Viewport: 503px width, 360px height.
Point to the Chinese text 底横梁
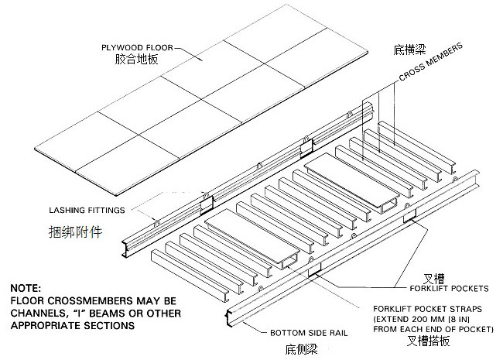[x=407, y=49]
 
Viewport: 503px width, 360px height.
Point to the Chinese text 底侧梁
[x=306, y=346]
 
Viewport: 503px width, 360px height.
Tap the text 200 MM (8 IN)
[x=444, y=318]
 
